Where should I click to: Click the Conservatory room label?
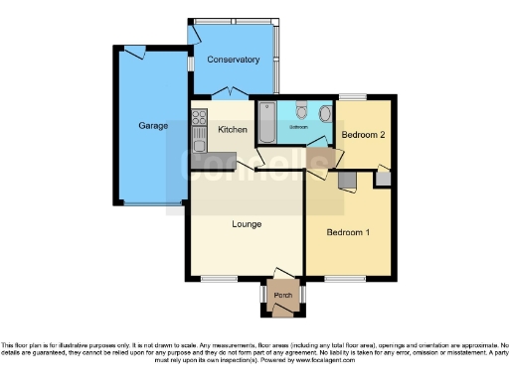[x=233, y=60]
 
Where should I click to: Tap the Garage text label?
[x=152, y=126]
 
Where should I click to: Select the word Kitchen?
[x=233, y=130]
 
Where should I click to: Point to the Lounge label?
[x=247, y=224]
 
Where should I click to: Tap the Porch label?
[x=283, y=294]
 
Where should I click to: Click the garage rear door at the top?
[x=134, y=52]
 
